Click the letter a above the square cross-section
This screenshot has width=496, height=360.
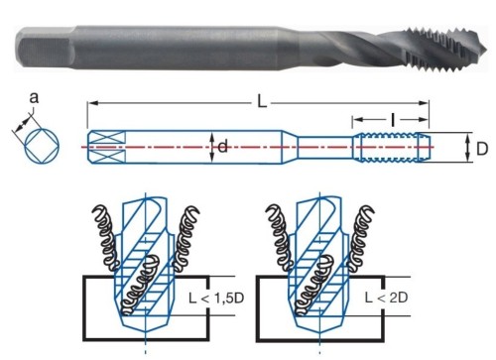coord(34,98)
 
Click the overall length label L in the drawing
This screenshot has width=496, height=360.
coord(262,102)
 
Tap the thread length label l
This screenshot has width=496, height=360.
coord(393,120)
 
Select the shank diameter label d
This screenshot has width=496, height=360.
coord(223,146)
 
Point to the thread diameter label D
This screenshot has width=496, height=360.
coord(482,149)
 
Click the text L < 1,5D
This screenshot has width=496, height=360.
coord(216,298)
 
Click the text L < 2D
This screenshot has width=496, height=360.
coord(386,298)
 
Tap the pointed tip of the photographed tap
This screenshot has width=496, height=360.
coord(485,51)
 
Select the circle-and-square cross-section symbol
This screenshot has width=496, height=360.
coord(42,146)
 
